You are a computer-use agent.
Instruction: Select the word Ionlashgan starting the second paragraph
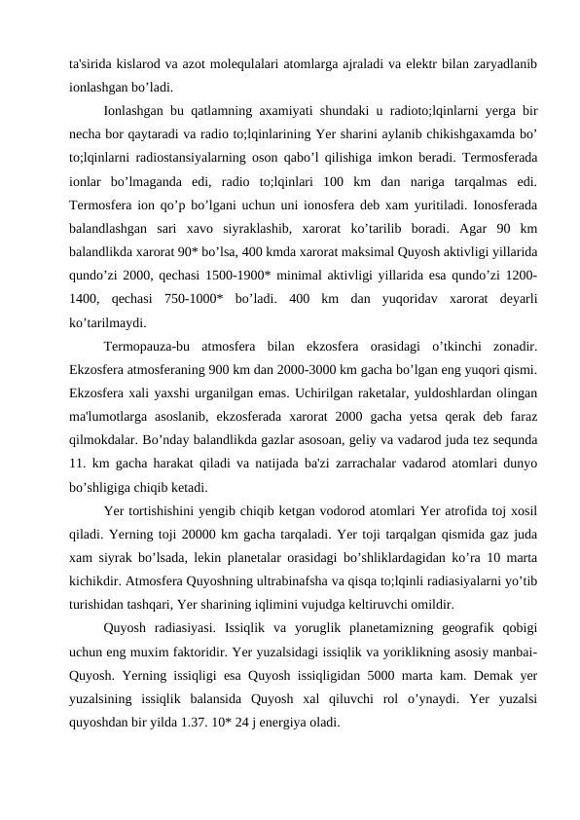click(137, 111)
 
